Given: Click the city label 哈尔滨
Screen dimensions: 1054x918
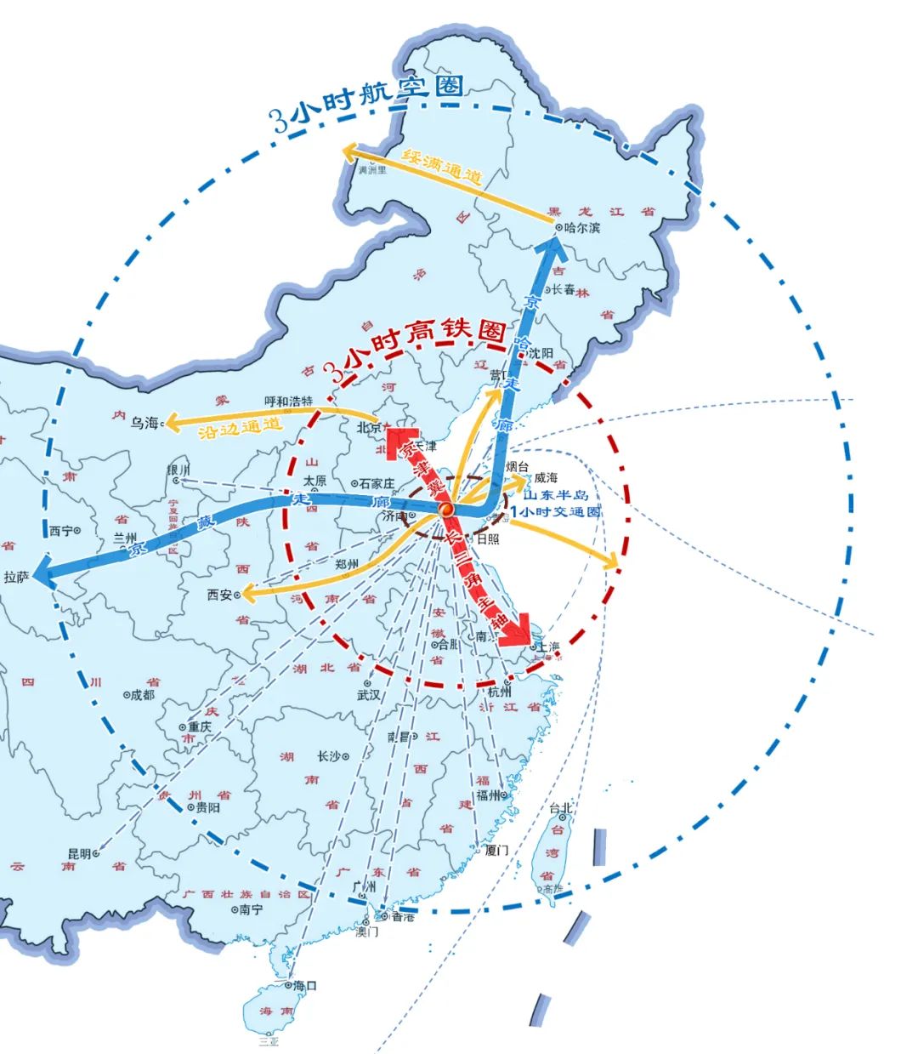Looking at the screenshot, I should [582, 228].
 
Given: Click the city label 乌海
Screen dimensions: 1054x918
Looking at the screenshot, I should [144, 423].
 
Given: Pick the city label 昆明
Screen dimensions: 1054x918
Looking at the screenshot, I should [78, 852].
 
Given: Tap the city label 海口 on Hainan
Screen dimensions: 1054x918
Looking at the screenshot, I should [304, 985].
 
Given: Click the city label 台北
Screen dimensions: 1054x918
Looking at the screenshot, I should [561, 808].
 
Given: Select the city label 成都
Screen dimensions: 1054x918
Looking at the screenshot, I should [142, 695].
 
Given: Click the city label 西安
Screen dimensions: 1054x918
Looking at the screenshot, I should [219, 595].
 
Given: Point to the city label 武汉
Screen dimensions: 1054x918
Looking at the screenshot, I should [369, 694].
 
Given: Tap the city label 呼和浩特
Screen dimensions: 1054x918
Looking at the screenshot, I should [289, 401].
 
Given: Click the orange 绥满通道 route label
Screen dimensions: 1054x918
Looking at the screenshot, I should [442, 167].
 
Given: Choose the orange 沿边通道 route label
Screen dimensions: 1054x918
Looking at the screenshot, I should [240, 429].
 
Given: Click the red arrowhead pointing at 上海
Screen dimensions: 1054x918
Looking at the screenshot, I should [515, 635].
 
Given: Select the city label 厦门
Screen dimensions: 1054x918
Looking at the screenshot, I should [496, 850].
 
